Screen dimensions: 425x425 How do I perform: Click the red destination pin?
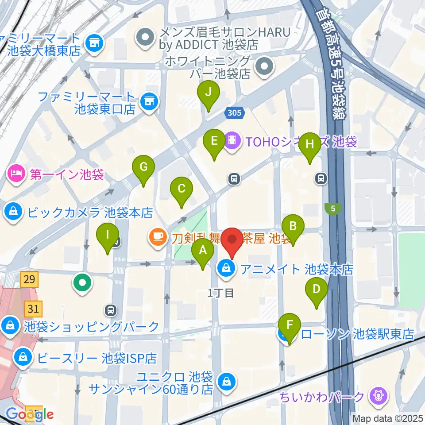click(232, 242)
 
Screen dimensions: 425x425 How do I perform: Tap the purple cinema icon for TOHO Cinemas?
click(232, 141)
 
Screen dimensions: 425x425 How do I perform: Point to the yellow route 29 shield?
click(29, 279)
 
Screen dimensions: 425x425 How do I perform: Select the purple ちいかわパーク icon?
click(379, 394)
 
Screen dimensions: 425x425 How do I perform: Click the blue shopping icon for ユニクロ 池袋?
click(226, 379)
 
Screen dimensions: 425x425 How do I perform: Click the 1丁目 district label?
click(220, 293)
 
